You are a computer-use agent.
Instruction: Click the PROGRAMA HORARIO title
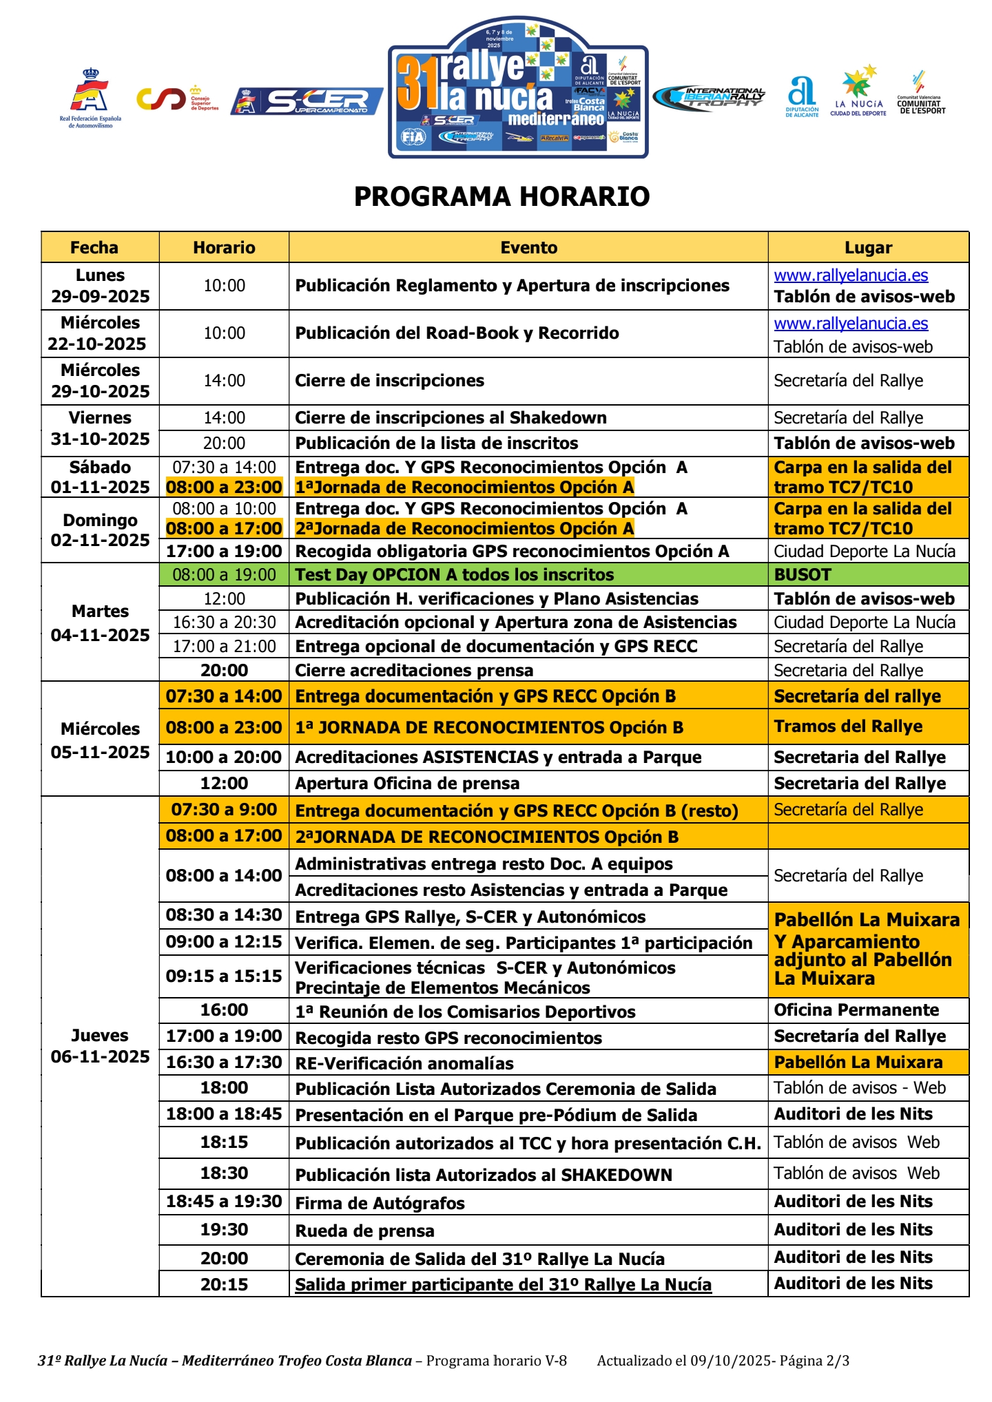[x=502, y=197]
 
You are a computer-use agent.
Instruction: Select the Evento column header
[x=528, y=248]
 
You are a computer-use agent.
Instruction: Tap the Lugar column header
[x=868, y=248]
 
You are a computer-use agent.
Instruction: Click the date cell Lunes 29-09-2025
[x=100, y=286]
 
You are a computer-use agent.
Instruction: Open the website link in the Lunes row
[x=851, y=275]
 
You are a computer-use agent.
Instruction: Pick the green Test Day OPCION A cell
[x=454, y=574]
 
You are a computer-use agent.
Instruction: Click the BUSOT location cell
[x=803, y=574]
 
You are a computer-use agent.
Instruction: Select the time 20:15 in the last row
[x=224, y=1284]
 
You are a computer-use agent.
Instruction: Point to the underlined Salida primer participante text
[x=503, y=1285]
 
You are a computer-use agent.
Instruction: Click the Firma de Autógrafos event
[x=380, y=1203]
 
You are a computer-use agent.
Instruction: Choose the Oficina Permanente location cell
[x=856, y=1010]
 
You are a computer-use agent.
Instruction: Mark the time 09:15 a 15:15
[x=224, y=976]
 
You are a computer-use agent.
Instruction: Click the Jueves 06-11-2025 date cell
[x=100, y=1046]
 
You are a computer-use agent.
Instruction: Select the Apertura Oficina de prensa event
[x=407, y=784]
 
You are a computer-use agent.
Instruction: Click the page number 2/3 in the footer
[x=838, y=1361]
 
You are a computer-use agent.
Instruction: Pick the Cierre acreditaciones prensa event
[x=414, y=671]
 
